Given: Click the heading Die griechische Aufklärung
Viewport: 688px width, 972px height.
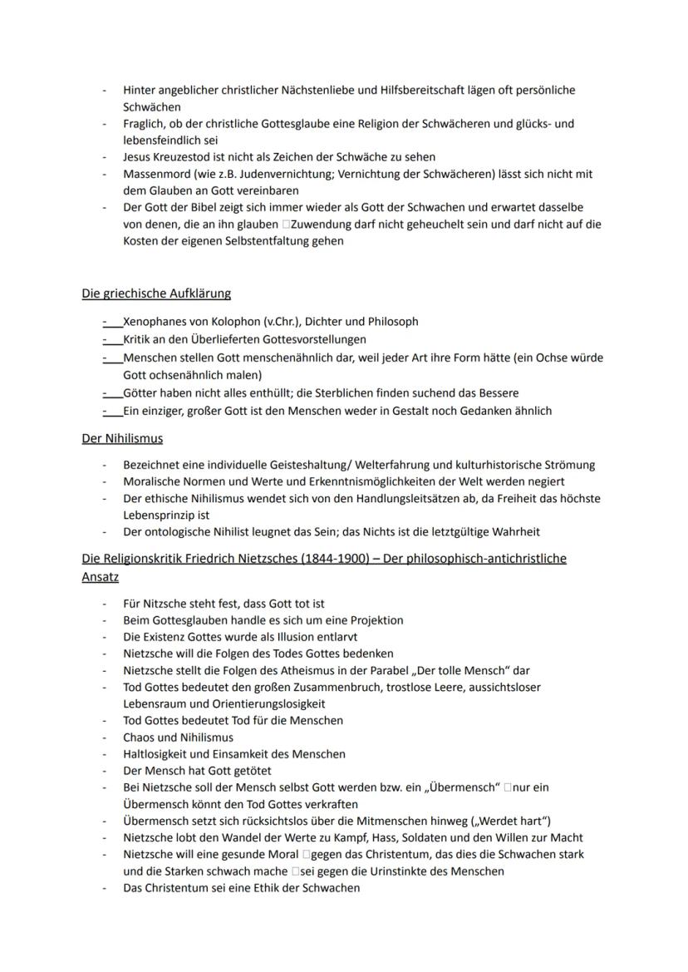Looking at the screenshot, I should (155, 294).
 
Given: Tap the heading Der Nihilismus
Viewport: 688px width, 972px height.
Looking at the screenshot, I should (121, 438).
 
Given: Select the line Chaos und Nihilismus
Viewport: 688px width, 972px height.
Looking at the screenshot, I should (178, 738).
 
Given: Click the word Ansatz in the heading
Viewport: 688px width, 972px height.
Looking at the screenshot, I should (100, 575).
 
